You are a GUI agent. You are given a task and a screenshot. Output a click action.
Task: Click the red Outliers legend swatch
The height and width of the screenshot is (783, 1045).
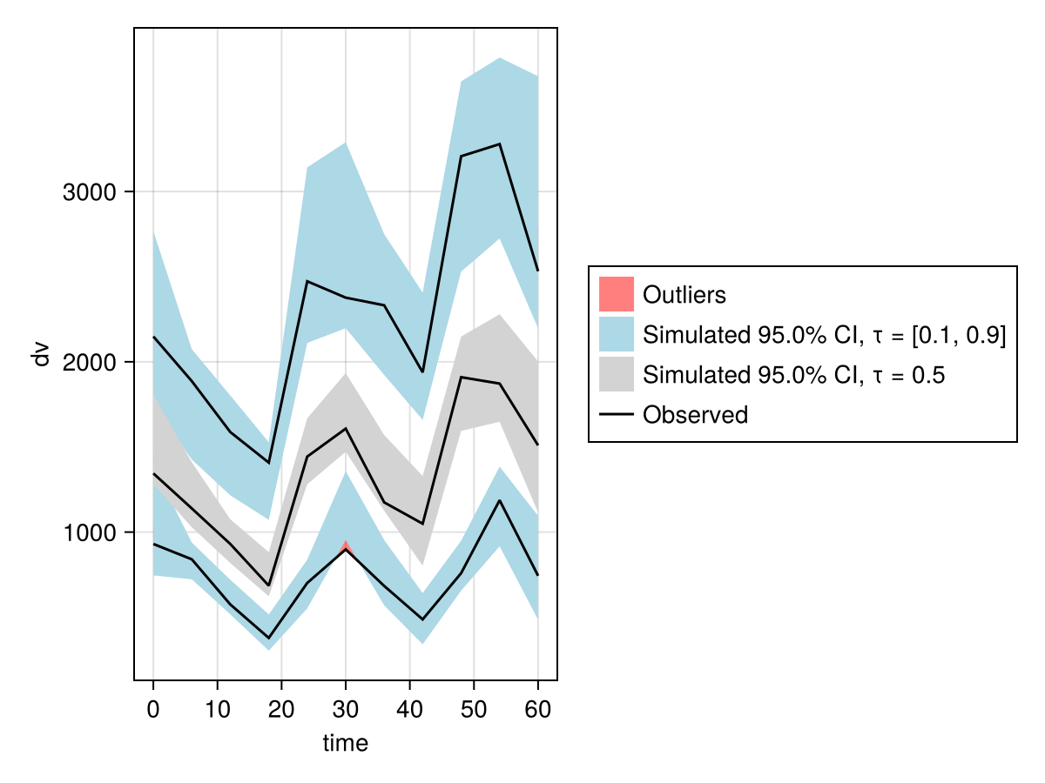[x=617, y=294]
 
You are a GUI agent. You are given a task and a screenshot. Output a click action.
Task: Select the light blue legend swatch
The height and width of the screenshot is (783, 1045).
[x=617, y=334]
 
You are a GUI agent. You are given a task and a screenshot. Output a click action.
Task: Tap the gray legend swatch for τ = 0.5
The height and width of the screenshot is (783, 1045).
[x=617, y=375]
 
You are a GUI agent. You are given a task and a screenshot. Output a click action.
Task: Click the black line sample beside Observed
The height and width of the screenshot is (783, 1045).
[x=617, y=415]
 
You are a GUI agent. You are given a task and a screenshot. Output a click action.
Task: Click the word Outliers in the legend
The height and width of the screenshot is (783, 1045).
[x=684, y=295]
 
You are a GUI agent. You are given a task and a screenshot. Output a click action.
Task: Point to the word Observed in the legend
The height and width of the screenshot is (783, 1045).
[x=695, y=415]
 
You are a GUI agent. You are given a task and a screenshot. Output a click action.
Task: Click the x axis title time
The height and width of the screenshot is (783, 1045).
[x=345, y=743]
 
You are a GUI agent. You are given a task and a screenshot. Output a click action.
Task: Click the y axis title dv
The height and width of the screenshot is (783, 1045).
[x=40, y=354]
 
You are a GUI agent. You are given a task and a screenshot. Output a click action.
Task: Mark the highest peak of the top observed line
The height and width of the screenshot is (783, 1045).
[x=500, y=144]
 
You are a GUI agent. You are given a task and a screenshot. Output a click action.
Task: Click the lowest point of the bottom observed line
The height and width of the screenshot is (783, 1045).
[x=268, y=638]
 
